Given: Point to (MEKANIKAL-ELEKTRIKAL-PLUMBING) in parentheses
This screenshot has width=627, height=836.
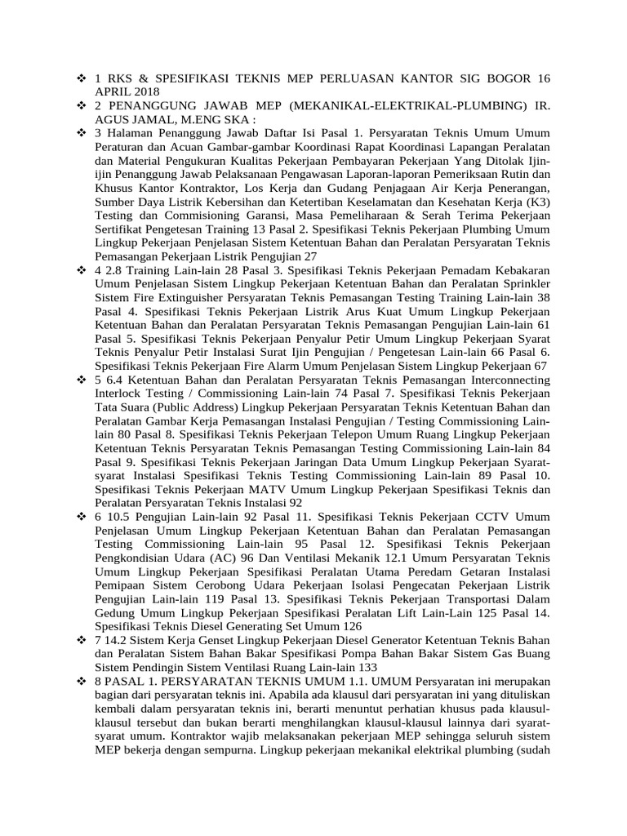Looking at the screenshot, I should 394,105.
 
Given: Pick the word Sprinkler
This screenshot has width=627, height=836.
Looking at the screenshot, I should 520,282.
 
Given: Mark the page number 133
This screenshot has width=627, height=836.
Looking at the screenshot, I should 351,667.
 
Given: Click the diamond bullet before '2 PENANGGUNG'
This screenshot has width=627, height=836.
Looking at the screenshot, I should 80,105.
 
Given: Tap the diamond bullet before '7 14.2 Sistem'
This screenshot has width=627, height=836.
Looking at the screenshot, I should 80,641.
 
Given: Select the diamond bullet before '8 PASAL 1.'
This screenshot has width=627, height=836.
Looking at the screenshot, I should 80,681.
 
